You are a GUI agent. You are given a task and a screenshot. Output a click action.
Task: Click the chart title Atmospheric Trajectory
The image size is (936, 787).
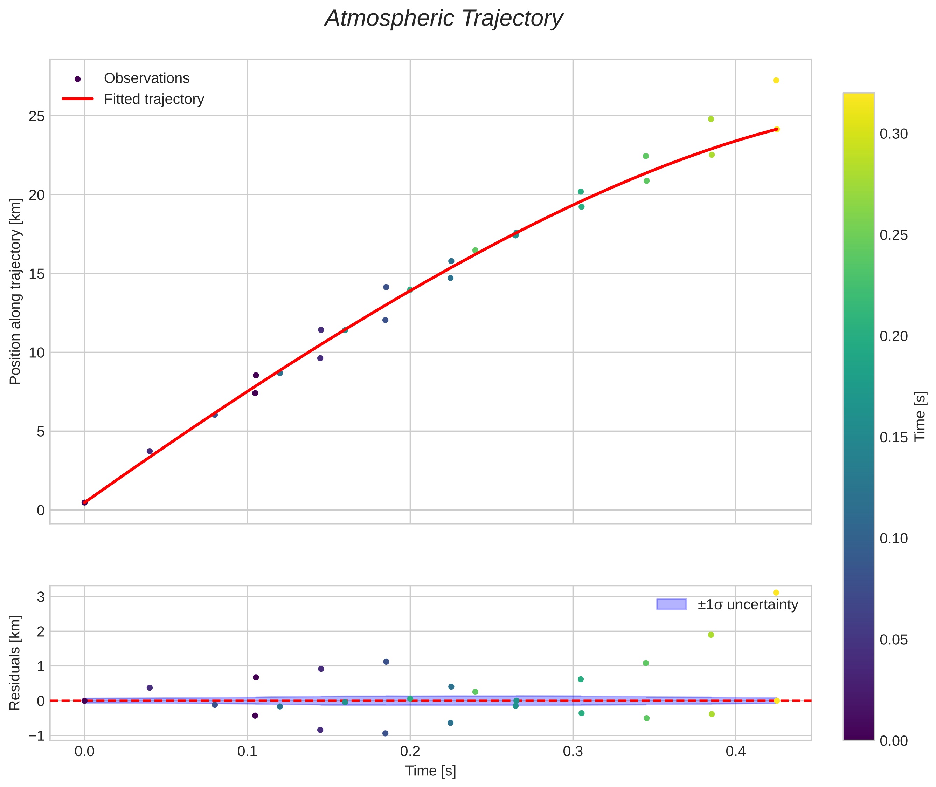pyautogui.click(x=444, y=19)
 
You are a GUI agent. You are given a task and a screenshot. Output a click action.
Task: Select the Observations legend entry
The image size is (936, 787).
pyautogui.click(x=146, y=78)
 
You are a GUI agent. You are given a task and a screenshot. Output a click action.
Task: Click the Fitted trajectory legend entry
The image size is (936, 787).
pyautogui.click(x=154, y=99)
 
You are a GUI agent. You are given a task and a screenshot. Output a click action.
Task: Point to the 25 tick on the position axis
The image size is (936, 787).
pyautogui.click(x=37, y=116)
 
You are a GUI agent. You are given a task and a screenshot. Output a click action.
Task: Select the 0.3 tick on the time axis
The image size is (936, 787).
pyautogui.click(x=573, y=752)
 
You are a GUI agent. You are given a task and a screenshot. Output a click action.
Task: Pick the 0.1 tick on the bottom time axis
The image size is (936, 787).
pyautogui.click(x=247, y=752)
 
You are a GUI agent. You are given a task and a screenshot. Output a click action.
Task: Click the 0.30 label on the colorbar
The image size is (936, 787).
pyautogui.click(x=894, y=134)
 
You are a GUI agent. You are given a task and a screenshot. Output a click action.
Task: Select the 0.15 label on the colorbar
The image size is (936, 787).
pyautogui.click(x=894, y=438)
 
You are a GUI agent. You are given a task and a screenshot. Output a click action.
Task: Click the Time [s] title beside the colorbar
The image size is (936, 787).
pyautogui.click(x=920, y=417)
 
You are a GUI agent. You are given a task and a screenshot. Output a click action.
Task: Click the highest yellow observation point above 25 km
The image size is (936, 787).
pyautogui.click(x=776, y=80)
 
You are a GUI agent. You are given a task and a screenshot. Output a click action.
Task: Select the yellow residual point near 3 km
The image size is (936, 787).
pyautogui.click(x=776, y=593)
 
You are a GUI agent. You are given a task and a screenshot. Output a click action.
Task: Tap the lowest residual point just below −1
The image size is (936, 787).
pyautogui.click(x=385, y=733)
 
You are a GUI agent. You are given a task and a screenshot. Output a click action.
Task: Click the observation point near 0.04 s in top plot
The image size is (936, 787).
pyautogui.click(x=150, y=451)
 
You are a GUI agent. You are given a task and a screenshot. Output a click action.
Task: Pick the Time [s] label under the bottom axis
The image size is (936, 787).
pyautogui.click(x=430, y=771)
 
